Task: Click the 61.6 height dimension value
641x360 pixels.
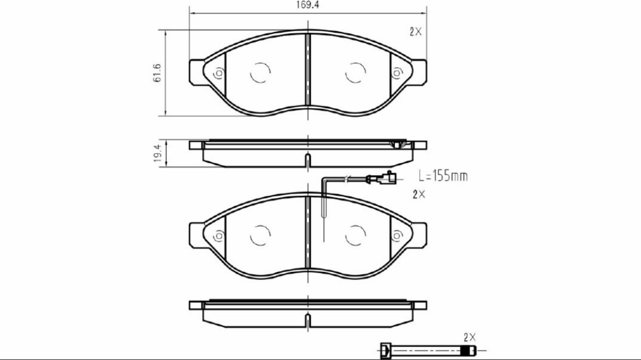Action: coord(158,73)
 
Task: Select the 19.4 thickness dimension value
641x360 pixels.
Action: coord(158,154)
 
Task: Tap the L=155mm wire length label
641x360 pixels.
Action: coord(443,176)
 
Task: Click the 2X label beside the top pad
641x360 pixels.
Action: coord(416,32)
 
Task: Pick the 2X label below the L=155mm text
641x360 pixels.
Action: coord(419,194)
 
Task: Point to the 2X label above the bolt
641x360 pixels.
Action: coord(470,337)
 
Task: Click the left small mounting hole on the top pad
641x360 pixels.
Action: coord(219,73)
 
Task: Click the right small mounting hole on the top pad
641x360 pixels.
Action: coord(397,73)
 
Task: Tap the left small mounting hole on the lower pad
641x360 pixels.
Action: coord(219,235)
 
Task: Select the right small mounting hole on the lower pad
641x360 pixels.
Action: coord(397,235)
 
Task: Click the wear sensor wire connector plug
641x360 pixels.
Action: coord(389,178)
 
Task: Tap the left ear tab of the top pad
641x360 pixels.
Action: coord(196,72)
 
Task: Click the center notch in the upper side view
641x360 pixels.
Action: coord(308,160)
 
